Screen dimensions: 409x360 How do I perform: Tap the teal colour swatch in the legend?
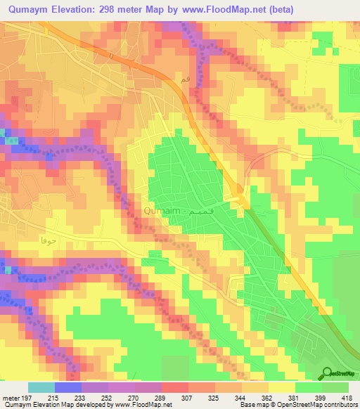(41, 387)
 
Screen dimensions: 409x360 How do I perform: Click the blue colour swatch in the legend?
(68, 387)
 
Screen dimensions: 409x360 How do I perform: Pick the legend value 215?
(53, 396)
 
